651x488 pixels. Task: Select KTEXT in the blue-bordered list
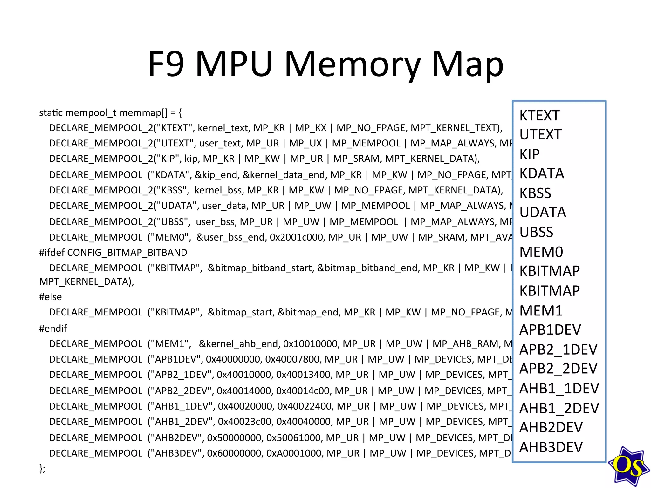coord(539,115)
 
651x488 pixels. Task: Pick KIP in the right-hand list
coord(530,154)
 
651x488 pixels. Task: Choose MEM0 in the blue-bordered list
coord(541,252)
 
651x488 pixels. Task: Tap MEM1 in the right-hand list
coord(541,310)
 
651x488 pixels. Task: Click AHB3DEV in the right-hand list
coord(551,447)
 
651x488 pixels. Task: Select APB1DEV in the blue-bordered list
coord(550,330)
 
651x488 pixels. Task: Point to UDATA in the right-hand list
coord(543,212)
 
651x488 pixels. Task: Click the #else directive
coord(50,297)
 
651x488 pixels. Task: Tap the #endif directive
coord(53,328)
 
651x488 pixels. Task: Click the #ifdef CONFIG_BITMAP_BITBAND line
coord(113,253)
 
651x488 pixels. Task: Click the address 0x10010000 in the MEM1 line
coord(310,344)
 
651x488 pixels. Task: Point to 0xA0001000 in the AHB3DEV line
coord(294,453)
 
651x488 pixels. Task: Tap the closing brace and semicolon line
coord(42,468)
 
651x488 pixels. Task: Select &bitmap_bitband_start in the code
coord(260,268)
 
